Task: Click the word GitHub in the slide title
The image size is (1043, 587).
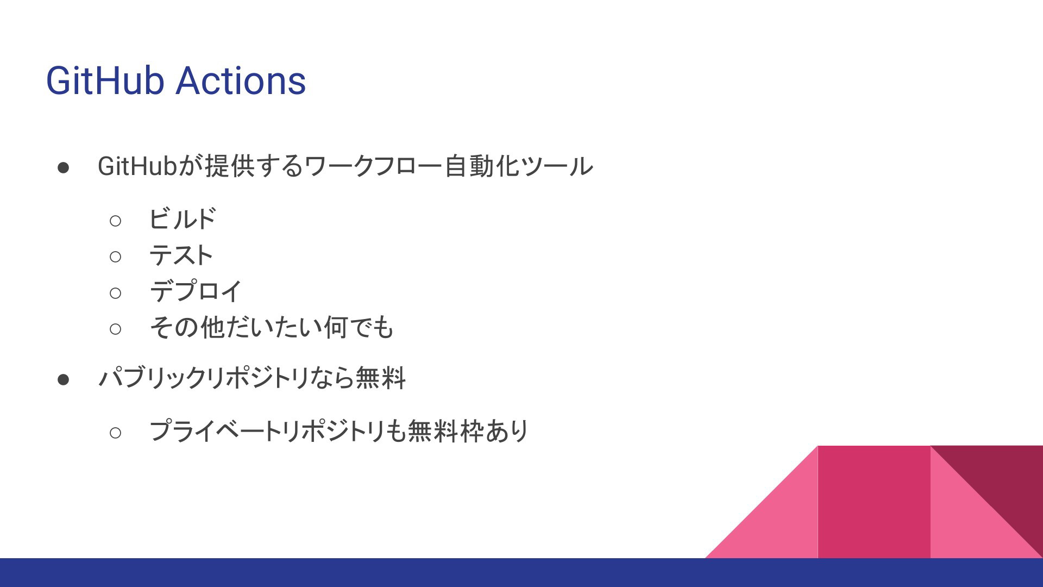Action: [105, 81]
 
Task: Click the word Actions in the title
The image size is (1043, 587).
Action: [241, 81]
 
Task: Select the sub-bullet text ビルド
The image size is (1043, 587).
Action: [183, 219]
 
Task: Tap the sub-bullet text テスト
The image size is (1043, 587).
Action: [181, 255]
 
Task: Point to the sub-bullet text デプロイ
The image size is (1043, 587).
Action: [196, 291]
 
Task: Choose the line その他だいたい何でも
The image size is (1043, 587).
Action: [271, 327]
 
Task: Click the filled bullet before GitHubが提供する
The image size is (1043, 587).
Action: [63, 167]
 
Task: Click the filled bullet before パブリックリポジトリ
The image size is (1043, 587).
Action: [63, 379]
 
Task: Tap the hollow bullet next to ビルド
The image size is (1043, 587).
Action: [115, 221]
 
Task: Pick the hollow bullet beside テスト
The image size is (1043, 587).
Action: [115, 257]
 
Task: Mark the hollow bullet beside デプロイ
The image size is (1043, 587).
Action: [115, 293]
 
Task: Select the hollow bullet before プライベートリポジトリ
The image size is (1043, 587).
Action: [115, 433]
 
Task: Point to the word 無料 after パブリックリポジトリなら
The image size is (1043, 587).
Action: [380, 378]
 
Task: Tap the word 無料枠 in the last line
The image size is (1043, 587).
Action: [445, 431]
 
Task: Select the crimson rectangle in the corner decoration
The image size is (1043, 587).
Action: [874, 502]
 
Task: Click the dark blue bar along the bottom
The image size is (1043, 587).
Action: [521, 572]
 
